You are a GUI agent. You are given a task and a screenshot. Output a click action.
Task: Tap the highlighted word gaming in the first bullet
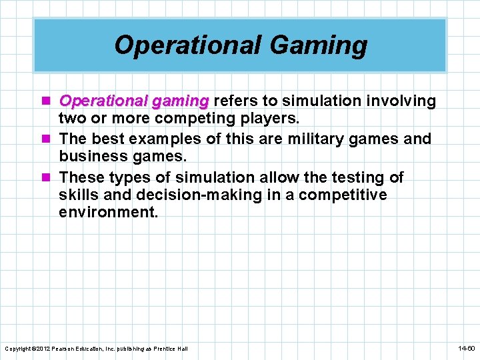pyautogui.click(x=180, y=101)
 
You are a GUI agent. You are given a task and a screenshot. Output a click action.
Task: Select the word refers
pyautogui.click(x=236, y=101)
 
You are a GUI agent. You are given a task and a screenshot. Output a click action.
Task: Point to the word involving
pyautogui.click(x=403, y=101)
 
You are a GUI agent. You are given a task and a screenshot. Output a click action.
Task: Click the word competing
pyautogui.click(x=188, y=119)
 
